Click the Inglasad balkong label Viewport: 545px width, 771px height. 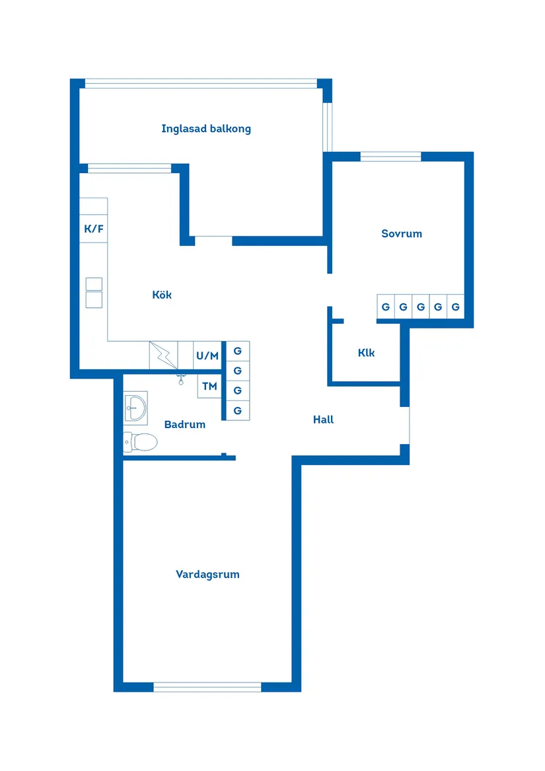pos(206,129)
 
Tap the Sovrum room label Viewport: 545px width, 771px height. pos(401,234)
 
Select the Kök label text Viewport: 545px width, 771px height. pos(162,295)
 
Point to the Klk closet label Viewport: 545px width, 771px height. pos(366,353)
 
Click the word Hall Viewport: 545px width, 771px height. pos(323,420)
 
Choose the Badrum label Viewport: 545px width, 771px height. pos(185,425)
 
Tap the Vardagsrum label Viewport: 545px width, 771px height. pos(207,575)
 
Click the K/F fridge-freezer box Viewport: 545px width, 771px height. pos(94,229)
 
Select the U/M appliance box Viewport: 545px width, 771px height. pos(207,355)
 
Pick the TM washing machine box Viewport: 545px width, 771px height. pos(209,386)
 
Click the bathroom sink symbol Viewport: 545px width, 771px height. pos(135,407)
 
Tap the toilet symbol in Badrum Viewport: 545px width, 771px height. pos(141,441)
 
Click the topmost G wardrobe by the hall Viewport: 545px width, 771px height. pos(238,351)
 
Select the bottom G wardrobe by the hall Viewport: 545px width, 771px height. pos(238,411)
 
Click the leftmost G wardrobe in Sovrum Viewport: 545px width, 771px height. pos(386,307)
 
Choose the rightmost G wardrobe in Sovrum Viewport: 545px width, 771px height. pos(455,307)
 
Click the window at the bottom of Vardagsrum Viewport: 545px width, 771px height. pos(207,687)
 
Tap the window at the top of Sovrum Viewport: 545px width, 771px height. pos(390,157)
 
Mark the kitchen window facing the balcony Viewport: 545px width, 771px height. pos(129,168)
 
